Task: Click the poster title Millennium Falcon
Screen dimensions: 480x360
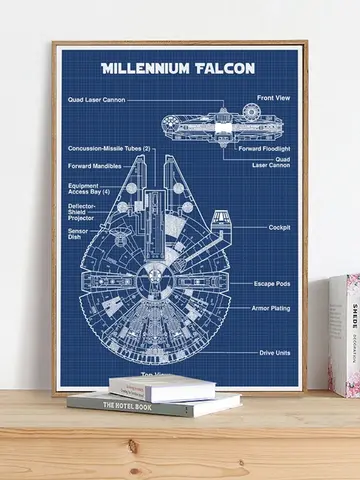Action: click(x=178, y=69)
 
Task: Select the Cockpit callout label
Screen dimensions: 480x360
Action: click(x=279, y=227)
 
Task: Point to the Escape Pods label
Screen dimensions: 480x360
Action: click(x=273, y=284)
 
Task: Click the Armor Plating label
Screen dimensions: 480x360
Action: click(x=271, y=309)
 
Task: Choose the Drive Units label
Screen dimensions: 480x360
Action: click(x=275, y=353)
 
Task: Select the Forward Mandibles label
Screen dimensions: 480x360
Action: click(x=94, y=165)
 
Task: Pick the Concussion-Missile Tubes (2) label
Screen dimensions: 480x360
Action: click(x=109, y=149)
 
